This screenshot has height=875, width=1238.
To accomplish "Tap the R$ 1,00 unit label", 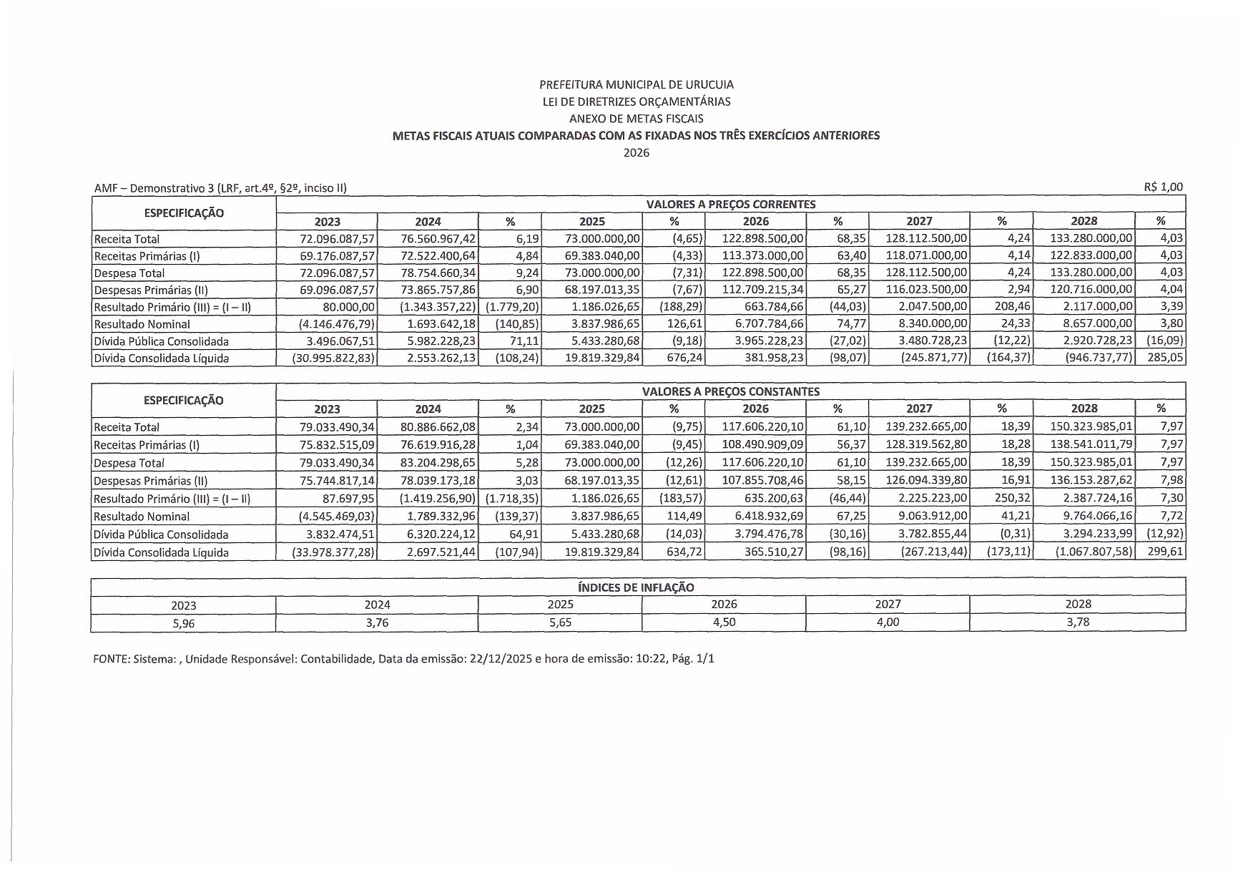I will (x=1163, y=187).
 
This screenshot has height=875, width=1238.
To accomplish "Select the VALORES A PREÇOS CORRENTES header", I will (x=730, y=205).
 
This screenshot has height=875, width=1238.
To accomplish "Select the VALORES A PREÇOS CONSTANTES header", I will (x=730, y=392).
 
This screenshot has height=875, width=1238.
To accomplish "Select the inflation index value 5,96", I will (x=183, y=623).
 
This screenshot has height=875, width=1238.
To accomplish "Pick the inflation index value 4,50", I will (x=724, y=622).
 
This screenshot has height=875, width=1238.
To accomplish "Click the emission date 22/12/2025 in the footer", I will (x=501, y=659).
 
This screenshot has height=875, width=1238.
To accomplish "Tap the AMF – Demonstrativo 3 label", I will (x=154, y=188).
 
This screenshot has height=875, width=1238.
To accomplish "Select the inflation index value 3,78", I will (x=1078, y=622).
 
